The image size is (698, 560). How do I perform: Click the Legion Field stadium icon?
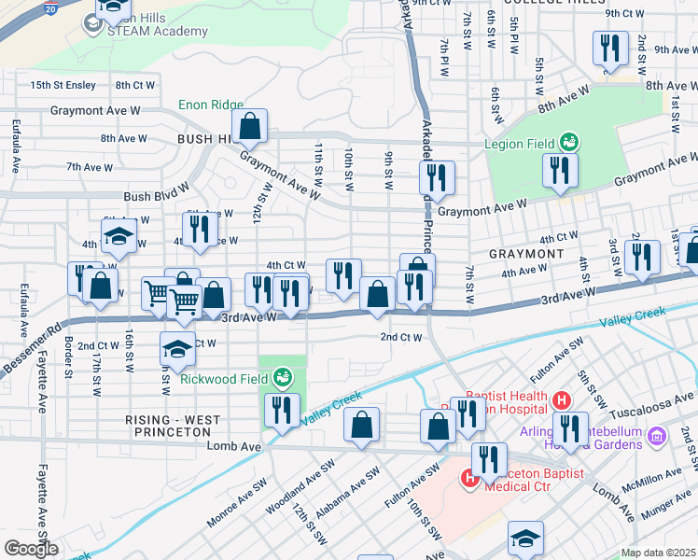pos(568,143)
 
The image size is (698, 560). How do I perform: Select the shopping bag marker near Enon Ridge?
pos(250,125)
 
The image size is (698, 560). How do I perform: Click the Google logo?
pos(31,548)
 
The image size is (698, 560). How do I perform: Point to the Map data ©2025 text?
pos(659,553)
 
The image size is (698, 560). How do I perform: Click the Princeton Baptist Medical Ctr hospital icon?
pos(470,479)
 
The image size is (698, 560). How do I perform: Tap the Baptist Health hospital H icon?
pos(561,400)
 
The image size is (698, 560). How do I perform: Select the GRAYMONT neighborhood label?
pos(526,254)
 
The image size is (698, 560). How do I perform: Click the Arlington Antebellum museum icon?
pos(655,436)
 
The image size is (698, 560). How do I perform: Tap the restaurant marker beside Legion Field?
pos(559,170)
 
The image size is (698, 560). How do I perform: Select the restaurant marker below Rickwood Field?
pos(281,409)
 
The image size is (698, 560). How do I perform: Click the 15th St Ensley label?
pos(63,85)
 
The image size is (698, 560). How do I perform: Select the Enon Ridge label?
pos(212,105)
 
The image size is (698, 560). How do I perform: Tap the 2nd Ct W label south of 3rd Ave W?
pos(401,337)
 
